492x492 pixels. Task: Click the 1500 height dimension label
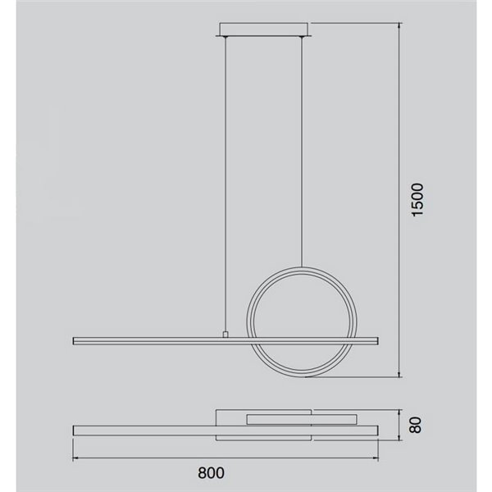coord(417,199)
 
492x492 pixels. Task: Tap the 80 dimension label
coord(416,426)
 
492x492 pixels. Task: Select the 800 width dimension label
coord(211,473)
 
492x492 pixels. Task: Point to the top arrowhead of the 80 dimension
coord(399,411)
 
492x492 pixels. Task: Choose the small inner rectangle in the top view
coord(278,419)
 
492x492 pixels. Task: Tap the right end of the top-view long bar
coord(378,430)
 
